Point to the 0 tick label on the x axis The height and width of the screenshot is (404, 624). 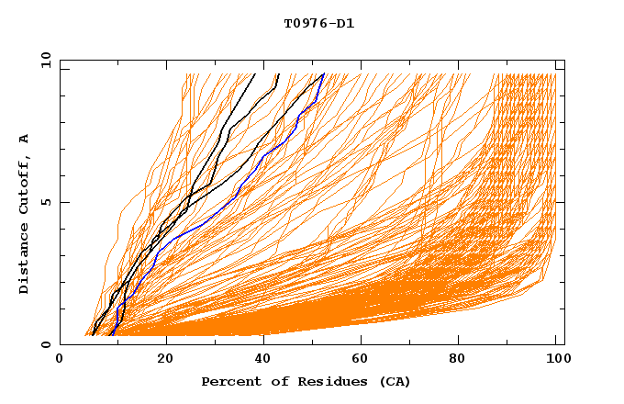60,360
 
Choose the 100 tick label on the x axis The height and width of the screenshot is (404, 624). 557,360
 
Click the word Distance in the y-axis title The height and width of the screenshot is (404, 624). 24,260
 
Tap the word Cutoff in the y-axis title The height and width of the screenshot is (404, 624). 24,185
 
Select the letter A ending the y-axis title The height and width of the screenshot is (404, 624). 24,139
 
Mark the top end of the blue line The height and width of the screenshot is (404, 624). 323,74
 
